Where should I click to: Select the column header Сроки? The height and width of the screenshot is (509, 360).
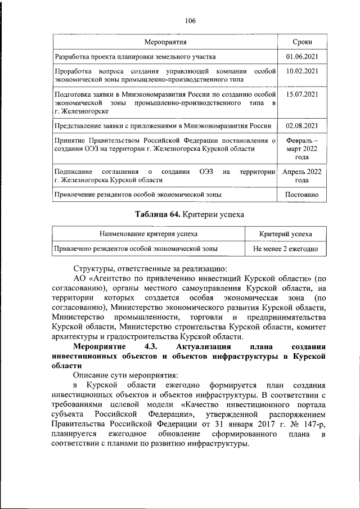pyautogui.click(x=302, y=43)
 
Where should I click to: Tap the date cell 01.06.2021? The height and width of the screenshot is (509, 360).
pyautogui.click(x=302, y=57)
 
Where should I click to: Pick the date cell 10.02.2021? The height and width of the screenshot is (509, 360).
pyautogui.click(x=302, y=71)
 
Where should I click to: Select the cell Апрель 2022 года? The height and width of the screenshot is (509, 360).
pyautogui.click(x=302, y=175)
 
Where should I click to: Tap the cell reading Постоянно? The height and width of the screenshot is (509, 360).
pyautogui.click(x=302, y=195)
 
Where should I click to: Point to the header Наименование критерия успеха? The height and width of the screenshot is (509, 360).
pyautogui.click(x=148, y=233)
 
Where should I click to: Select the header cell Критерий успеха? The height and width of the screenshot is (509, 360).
pyautogui.click(x=286, y=233)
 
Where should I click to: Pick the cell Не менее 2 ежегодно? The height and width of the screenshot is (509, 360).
pyautogui.click(x=286, y=248)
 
